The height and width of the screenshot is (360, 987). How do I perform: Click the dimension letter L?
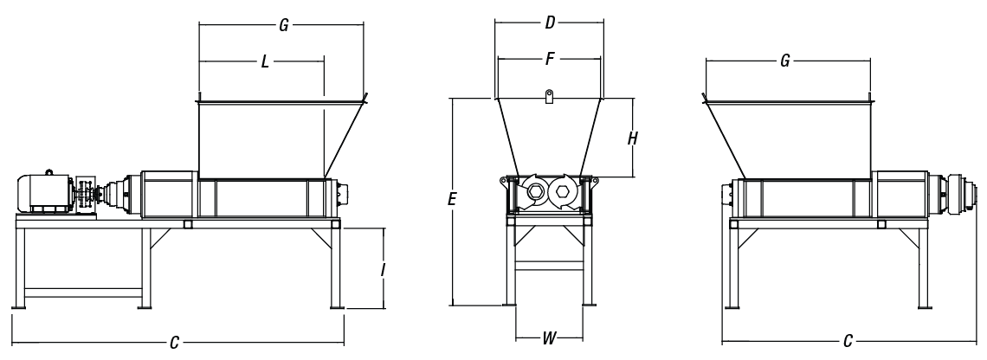click(264, 63)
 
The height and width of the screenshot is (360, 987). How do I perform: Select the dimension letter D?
click(549, 23)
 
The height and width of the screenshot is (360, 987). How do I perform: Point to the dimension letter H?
click(633, 138)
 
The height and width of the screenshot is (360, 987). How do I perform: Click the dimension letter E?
click(452, 200)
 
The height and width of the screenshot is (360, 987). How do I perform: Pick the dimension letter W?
click(549, 339)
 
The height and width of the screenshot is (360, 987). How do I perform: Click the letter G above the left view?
click(282, 26)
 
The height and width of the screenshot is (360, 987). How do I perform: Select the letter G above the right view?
click(784, 62)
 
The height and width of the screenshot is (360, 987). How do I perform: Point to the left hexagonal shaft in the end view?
click(534, 191)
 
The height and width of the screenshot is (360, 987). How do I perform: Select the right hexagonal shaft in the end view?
click(564, 191)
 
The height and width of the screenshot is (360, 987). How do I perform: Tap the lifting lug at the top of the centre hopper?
click(549, 96)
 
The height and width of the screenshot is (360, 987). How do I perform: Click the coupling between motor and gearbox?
click(86, 195)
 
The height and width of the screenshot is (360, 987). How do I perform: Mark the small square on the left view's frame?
click(188, 224)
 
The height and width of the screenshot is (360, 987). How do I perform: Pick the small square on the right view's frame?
click(881, 224)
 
